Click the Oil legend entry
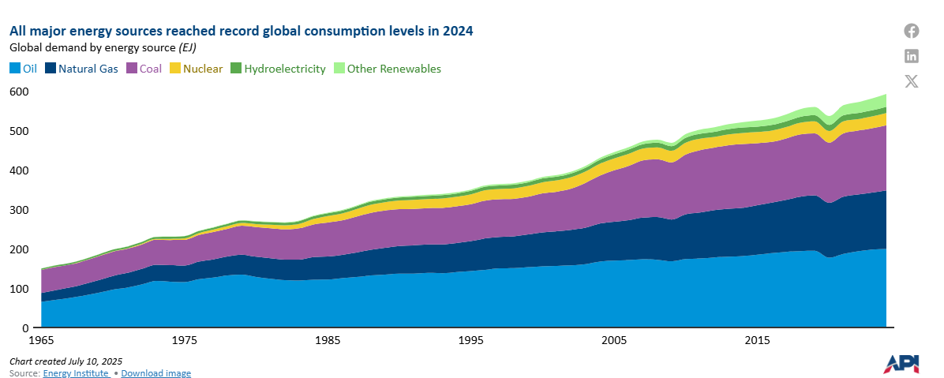24,69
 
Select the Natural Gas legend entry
82,69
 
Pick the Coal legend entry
143,69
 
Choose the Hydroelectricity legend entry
278,69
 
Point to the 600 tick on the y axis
19,92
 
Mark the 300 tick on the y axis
19,210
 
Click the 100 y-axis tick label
19,289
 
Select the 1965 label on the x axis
41,341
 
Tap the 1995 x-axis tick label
470,341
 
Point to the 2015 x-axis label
757,341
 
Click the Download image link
155,373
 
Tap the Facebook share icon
912,31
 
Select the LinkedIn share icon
912,55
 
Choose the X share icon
912,80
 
